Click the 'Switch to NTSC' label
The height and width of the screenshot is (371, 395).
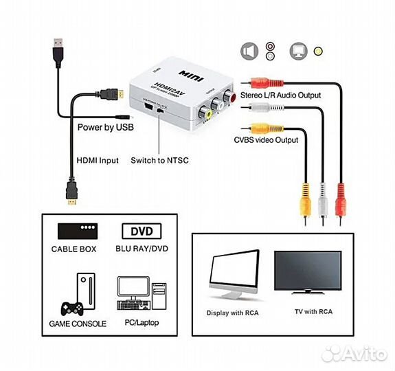pyautogui.click(x=159, y=160)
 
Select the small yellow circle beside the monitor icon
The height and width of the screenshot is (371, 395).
pyautogui.click(x=317, y=51)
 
